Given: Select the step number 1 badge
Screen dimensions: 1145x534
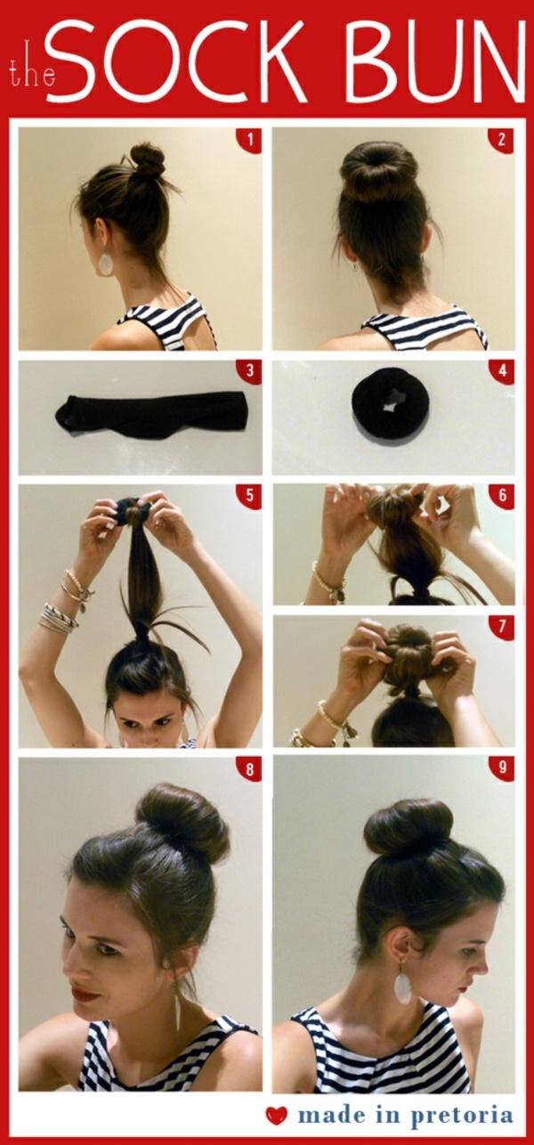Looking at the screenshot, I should (x=250, y=140).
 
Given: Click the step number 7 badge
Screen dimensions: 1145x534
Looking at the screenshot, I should (x=503, y=627).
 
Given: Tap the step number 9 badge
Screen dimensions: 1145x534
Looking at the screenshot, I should (x=503, y=767).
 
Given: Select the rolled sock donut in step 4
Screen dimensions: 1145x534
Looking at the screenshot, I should (x=391, y=411).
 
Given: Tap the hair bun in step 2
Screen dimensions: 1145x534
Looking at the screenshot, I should (x=379, y=170).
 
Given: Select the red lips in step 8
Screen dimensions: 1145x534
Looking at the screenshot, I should (x=85, y=994).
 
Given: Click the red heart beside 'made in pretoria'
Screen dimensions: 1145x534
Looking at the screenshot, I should (x=277, y=1116).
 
